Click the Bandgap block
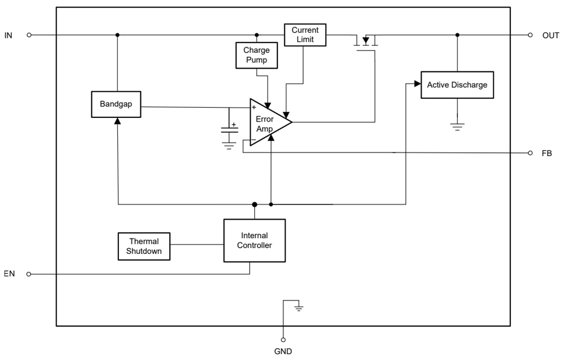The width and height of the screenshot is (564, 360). point(116,104)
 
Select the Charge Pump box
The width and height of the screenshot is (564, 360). point(256,55)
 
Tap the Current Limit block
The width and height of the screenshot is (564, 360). point(305,35)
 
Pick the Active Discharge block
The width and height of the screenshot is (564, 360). point(457,85)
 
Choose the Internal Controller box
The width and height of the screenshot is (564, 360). point(254,241)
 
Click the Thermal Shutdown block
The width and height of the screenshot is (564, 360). point(144,246)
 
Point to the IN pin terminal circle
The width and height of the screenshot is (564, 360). point(29,35)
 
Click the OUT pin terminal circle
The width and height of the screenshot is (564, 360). point(530,35)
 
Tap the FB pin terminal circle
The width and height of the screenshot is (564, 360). point(530,153)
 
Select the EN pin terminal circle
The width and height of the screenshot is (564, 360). point(29,274)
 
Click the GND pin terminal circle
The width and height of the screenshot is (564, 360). point(283,339)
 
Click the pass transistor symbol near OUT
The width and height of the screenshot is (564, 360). point(365,41)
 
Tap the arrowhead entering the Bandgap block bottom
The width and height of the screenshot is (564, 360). point(117,121)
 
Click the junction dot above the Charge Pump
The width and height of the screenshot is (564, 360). point(257,35)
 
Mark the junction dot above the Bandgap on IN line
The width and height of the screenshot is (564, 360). point(117,35)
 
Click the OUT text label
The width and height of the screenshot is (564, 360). point(551,35)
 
